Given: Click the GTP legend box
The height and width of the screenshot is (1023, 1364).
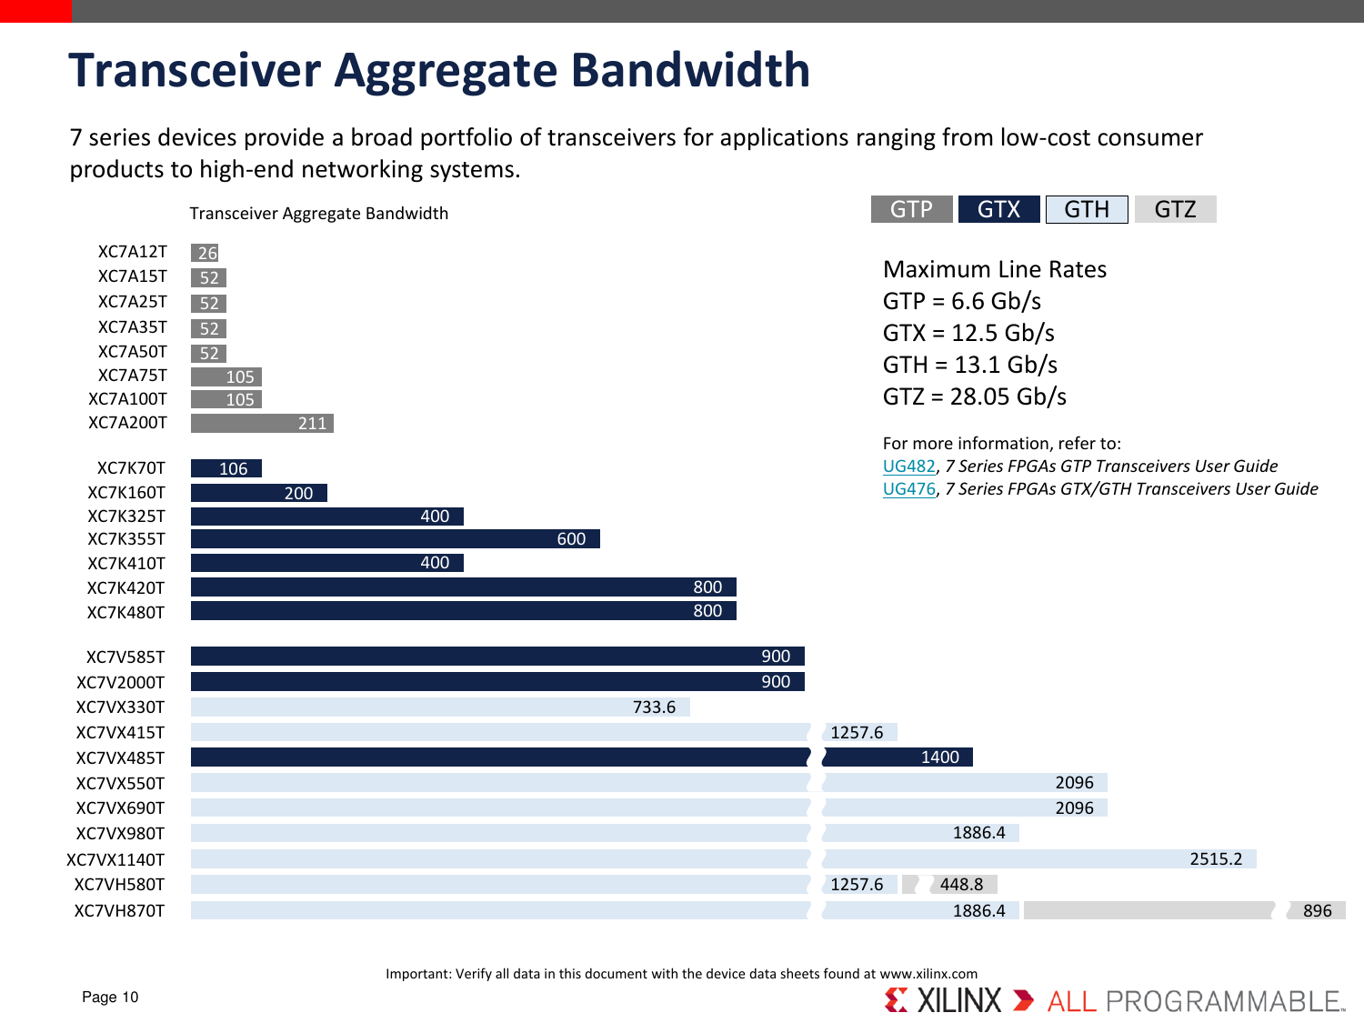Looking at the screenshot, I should coord(911,209).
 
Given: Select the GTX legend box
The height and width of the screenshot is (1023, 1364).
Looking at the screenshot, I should coord(998,209).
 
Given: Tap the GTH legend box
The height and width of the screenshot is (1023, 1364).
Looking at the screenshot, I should coord(1087,209).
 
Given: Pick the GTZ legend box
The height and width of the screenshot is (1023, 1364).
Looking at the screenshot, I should coord(1175,209).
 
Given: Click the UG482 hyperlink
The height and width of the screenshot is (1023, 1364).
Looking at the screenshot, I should coord(908,466).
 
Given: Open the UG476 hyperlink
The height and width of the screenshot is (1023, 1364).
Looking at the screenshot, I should coord(908,489).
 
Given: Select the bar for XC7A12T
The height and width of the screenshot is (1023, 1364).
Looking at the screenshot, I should coord(206,253).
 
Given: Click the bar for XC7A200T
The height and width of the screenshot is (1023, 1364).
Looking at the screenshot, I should coord(262,423).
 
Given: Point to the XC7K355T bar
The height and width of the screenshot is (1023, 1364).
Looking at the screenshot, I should coord(395,539).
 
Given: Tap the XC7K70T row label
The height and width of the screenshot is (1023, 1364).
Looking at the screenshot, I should coord(131,468).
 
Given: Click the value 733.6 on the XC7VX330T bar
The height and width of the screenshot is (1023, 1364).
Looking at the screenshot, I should coord(654,707).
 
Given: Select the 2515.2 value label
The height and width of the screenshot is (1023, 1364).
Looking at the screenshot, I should coord(1216,859).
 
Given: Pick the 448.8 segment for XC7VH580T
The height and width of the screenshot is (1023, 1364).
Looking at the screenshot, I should coord(961,884).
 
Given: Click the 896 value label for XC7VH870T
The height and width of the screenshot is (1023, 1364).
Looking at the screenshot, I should coord(1317,910).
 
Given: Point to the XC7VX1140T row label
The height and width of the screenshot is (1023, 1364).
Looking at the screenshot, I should coord(115,859).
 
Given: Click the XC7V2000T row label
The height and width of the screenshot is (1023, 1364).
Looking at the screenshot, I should coord(120,682).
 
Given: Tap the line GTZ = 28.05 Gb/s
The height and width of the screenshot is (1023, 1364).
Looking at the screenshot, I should coord(974,396).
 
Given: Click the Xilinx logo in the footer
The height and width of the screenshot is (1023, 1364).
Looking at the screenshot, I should coord(942,1000).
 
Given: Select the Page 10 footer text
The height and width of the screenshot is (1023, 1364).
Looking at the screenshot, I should coord(110,997).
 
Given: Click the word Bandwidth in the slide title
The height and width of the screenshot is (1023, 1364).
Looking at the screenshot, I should coord(690,70).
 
